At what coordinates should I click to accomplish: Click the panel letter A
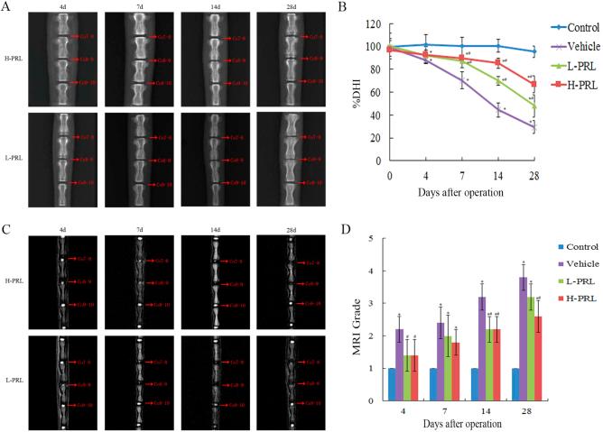pyautogui.click(x=7, y=7)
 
